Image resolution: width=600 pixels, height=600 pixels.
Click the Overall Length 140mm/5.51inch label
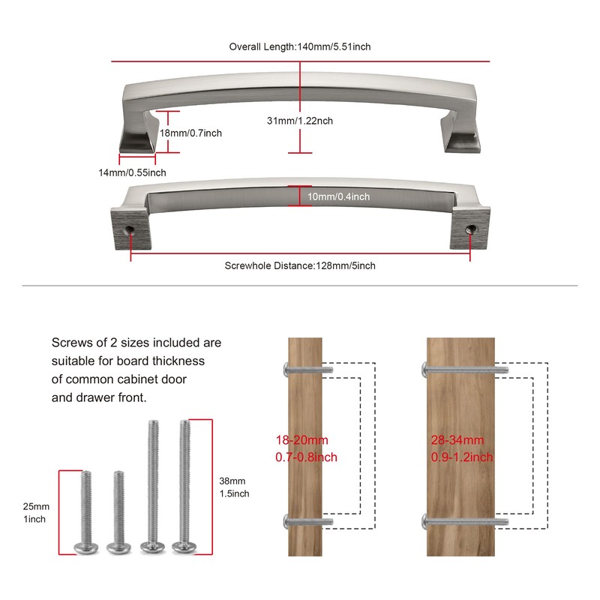tap(299, 46)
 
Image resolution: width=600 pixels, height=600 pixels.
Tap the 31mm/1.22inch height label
tap(299, 121)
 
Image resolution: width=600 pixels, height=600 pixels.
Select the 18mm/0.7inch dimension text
tap(190, 133)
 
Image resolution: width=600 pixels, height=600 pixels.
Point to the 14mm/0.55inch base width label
tap(133, 172)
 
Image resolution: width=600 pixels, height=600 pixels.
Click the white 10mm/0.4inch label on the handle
tap(339, 196)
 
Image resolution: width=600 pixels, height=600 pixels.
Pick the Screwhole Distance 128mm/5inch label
tap(299, 265)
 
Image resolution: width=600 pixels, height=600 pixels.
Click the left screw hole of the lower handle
tap(129, 229)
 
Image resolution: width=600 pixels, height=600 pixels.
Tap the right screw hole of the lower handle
tap(470, 229)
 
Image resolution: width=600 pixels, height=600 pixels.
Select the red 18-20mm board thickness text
tap(302, 440)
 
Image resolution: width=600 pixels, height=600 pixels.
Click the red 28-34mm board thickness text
tap(457, 440)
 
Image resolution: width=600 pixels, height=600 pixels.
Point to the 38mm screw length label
tap(232, 481)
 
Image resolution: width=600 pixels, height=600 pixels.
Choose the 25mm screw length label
tap(36, 506)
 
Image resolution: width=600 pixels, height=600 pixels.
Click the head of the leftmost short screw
tap(85, 547)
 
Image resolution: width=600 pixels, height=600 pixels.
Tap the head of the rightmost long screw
tap(184, 547)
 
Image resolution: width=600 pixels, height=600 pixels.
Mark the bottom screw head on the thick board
tap(425, 521)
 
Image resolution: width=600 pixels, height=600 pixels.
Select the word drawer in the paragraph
tap(97, 397)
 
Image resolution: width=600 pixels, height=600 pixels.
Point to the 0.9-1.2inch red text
tap(462, 457)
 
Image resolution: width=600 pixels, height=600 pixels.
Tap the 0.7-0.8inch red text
tap(306, 457)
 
